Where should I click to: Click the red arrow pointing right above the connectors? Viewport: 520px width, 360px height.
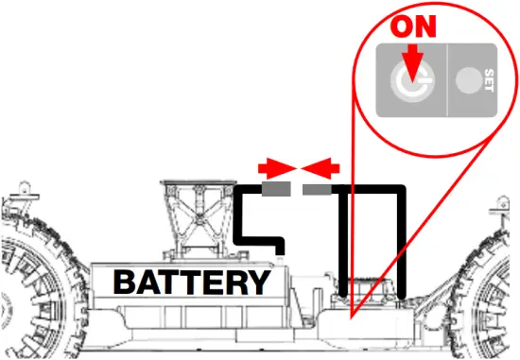[275, 168]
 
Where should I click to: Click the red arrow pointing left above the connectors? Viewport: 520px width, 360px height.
[319, 168]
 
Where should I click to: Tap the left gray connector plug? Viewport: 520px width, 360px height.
[276, 190]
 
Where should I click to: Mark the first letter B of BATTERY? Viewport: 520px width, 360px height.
[126, 282]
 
